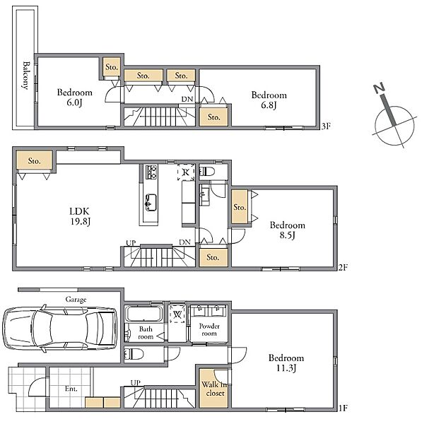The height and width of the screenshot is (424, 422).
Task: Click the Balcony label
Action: click(26, 76)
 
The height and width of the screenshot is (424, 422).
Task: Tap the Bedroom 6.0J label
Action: click(74, 98)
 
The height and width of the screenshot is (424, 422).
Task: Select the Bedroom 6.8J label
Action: click(269, 100)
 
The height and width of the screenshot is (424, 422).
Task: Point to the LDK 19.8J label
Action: click(80, 216)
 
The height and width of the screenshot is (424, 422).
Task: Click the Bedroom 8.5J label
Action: click(287, 230)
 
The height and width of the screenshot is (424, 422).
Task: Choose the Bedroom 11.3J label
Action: click(286, 363)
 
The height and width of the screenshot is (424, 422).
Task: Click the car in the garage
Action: click(60, 329)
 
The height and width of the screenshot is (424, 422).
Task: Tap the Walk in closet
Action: click(213, 388)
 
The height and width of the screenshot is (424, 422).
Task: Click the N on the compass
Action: click(379, 88)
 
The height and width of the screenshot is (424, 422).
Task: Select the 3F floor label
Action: click(326, 126)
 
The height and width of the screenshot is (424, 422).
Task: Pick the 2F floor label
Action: click(343, 267)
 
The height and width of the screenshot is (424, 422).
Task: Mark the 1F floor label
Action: click(343, 408)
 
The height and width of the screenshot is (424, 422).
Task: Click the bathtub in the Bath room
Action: click(143, 314)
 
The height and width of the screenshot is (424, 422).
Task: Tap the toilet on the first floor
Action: click(134, 354)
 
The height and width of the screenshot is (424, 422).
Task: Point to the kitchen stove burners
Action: click(151, 172)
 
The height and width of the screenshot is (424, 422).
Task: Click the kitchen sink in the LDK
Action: click(151, 202)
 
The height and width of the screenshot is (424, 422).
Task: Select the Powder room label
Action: click(209, 329)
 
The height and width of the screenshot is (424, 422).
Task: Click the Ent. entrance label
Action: click(71, 389)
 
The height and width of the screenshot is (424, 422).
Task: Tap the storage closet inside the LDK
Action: click(35, 160)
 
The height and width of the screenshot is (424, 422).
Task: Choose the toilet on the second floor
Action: click(207, 172)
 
